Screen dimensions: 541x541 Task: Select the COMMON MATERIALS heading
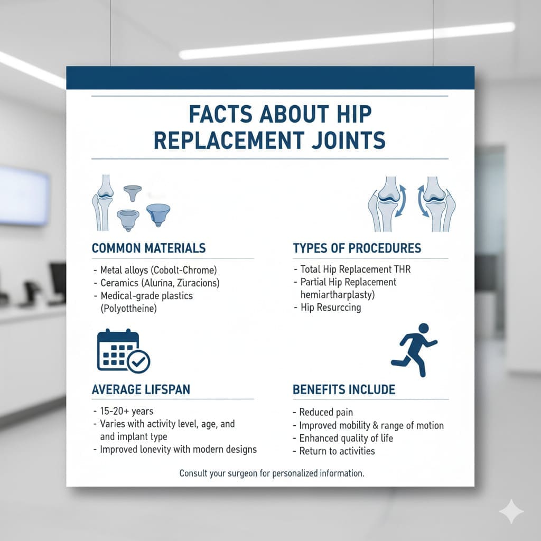click(x=148, y=248)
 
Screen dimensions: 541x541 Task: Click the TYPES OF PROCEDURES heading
click(x=357, y=248)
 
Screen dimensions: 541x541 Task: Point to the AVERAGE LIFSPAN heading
click(x=141, y=389)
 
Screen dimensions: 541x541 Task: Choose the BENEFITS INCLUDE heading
click(x=343, y=389)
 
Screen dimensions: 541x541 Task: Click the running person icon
click(x=414, y=349)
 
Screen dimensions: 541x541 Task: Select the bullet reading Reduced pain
click(x=325, y=412)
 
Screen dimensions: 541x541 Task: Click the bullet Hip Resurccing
click(x=330, y=307)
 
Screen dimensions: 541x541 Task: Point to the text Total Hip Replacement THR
click(x=355, y=269)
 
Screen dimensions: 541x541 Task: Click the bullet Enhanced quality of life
click(x=346, y=438)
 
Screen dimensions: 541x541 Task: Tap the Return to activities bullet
click(x=337, y=451)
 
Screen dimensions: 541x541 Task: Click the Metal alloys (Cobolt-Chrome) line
click(x=155, y=269)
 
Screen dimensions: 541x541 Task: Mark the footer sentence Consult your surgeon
click(x=272, y=473)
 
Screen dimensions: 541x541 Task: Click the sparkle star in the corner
click(x=511, y=511)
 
